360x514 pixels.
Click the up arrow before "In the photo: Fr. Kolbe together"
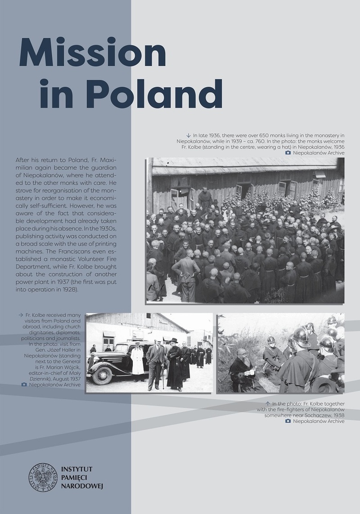[268, 403]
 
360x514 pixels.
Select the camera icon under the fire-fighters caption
[288, 421]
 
